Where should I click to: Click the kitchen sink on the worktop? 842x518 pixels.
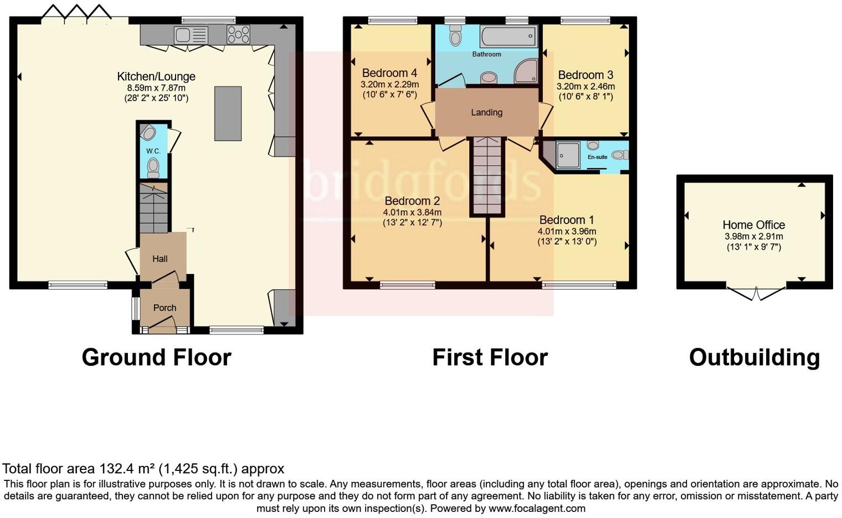(x=191, y=35)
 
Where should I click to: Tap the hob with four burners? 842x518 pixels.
(x=238, y=35)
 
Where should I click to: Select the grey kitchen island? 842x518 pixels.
(x=228, y=113)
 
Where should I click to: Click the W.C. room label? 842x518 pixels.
(x=153, y=151)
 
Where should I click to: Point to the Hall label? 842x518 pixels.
(x=160, y=258)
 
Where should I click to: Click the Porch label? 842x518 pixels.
(x=165, y=308)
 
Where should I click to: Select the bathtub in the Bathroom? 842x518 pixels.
(x=508, y=37)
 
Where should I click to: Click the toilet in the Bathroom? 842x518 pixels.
(x=456, y=37)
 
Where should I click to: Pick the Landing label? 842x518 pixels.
(x=486, y=112)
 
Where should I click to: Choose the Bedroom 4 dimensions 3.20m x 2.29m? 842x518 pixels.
(x=389, y=85)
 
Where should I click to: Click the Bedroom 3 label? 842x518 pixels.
(x=586, y=75)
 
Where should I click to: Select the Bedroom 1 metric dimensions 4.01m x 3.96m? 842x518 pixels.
(x=567, y=231)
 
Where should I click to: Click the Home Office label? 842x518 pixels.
(x=753, y=225)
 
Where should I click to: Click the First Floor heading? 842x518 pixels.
(x=490, y=358)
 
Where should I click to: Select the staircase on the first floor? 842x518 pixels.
(x=487, y=176)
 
